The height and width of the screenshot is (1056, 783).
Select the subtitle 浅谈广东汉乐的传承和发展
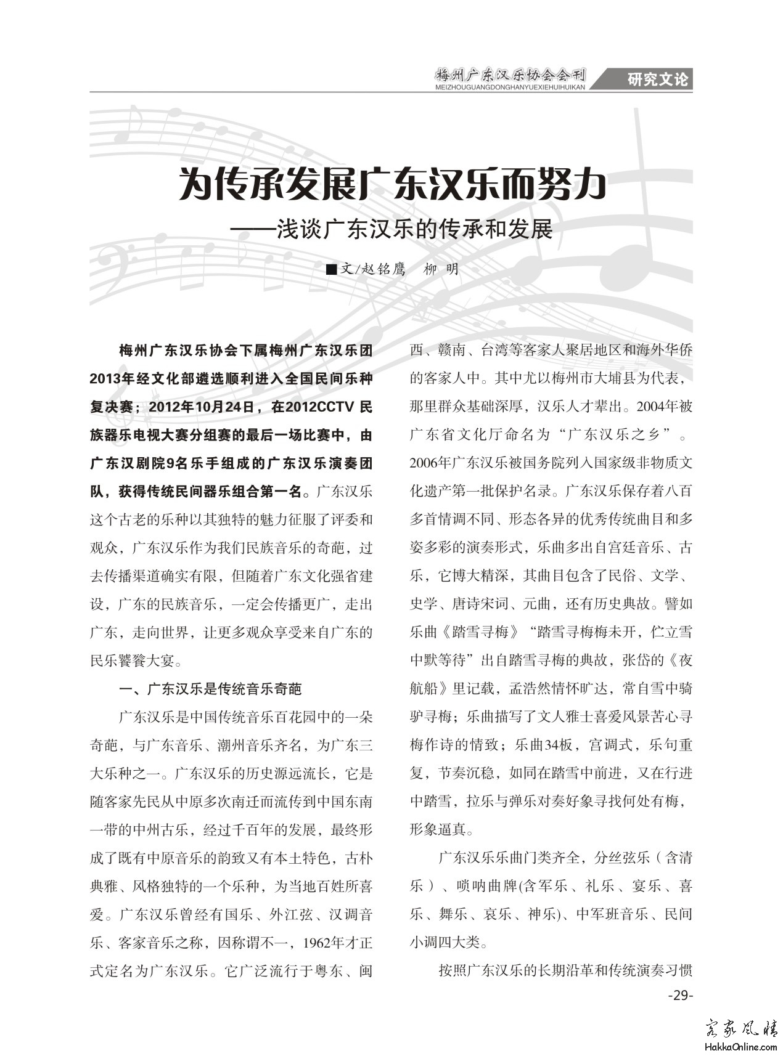(414, 229)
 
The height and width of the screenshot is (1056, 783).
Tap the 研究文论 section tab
(657, 79)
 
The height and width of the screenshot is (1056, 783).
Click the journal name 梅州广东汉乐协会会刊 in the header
(510, 76)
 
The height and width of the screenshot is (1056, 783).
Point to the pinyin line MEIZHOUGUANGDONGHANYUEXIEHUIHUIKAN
(510, 88)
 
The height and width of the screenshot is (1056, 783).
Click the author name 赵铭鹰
(382, 269)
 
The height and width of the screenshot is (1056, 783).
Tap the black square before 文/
(331, 269)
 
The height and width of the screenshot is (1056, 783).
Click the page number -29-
(681, 996)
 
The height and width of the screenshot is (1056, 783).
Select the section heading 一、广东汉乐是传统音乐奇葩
(210, 689)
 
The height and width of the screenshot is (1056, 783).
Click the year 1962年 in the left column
(311, 943)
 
